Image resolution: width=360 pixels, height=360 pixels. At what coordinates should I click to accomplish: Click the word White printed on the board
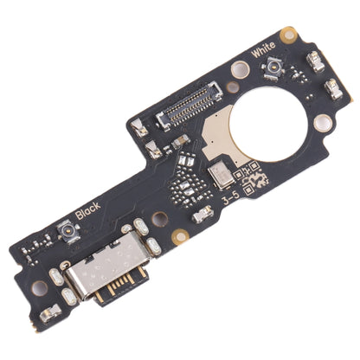(x=263, y=52)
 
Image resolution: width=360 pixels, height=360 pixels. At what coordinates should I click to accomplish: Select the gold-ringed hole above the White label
(x=289, y=34)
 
